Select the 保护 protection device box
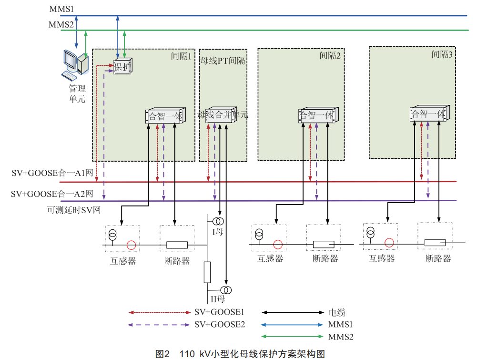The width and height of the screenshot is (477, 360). point(122,67)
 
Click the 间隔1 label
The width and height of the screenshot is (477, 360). point(181,56)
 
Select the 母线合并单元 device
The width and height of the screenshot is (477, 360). point(223,115)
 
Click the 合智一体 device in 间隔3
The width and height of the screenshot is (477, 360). point(428,114)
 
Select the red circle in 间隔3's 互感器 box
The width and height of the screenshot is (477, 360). point(389,242)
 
